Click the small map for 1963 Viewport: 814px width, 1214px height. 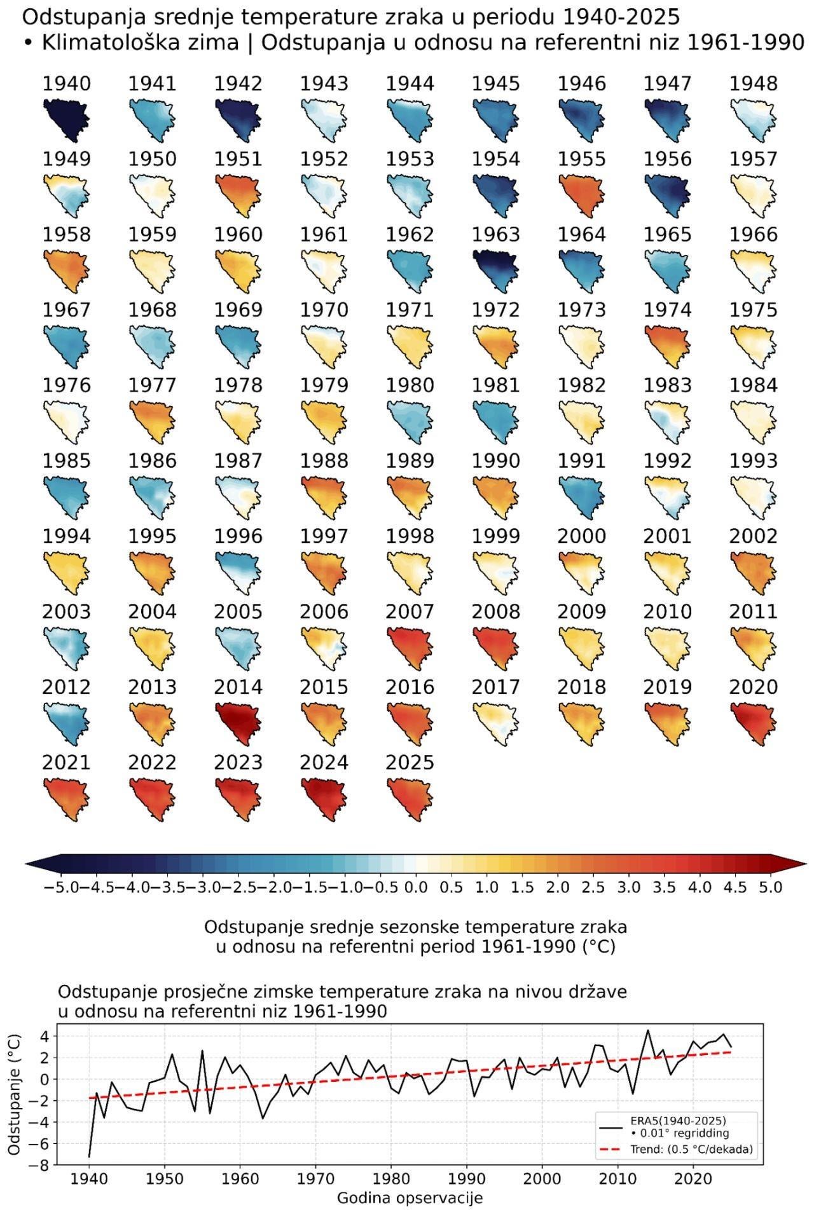click(495, 268)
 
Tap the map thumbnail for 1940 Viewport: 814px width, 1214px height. click(66, 118)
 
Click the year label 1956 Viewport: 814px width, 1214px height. click(667, 159)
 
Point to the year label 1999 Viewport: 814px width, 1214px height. click(495, 536)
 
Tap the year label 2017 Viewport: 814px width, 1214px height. click(495, 687)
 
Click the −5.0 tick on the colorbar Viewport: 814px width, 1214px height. click(60, 887)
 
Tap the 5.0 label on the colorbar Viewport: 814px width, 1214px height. click(769, 887)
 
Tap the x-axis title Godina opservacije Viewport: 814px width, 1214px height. click(410, 1198)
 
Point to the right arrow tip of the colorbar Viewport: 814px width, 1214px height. click(807, 863)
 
